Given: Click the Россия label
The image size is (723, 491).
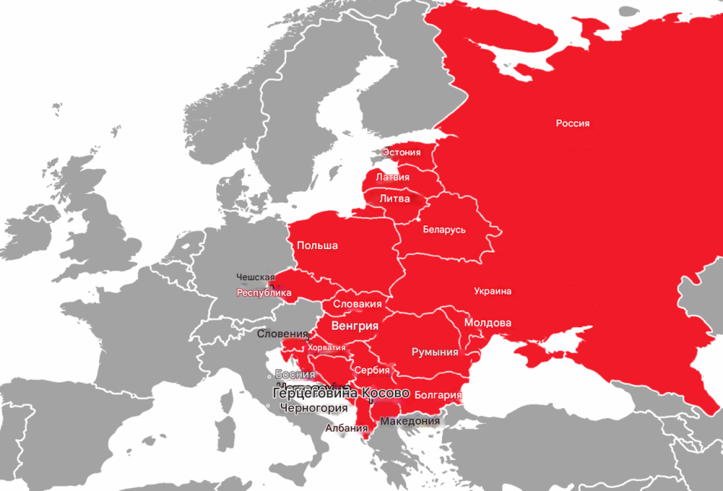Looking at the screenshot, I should pos(572,123).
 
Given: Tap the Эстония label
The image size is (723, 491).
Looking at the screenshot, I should pos(401,152).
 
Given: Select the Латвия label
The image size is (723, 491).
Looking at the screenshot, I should pos(393,177).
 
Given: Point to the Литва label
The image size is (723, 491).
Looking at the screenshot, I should pos(394,199).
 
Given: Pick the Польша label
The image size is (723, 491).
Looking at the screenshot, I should pos(317,245).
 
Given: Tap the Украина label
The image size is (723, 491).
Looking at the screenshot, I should pos(492,291).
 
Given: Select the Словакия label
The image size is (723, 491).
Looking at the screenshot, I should pos(358,304).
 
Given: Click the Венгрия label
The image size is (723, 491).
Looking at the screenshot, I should pos(355,326).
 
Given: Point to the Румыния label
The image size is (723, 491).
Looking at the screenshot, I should pos(435,352).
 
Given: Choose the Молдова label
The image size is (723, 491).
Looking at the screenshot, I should pos(488,323).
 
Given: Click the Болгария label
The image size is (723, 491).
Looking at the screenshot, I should pos(439,395).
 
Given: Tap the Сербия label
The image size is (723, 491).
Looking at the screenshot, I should pos(371,370).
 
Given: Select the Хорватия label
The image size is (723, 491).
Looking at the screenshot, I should pos(326,347).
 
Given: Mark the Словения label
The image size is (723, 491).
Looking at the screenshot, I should pos(283,333).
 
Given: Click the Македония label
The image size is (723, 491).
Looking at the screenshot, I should pos(410,421).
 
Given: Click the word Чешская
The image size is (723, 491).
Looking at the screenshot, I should pos(255,277).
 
